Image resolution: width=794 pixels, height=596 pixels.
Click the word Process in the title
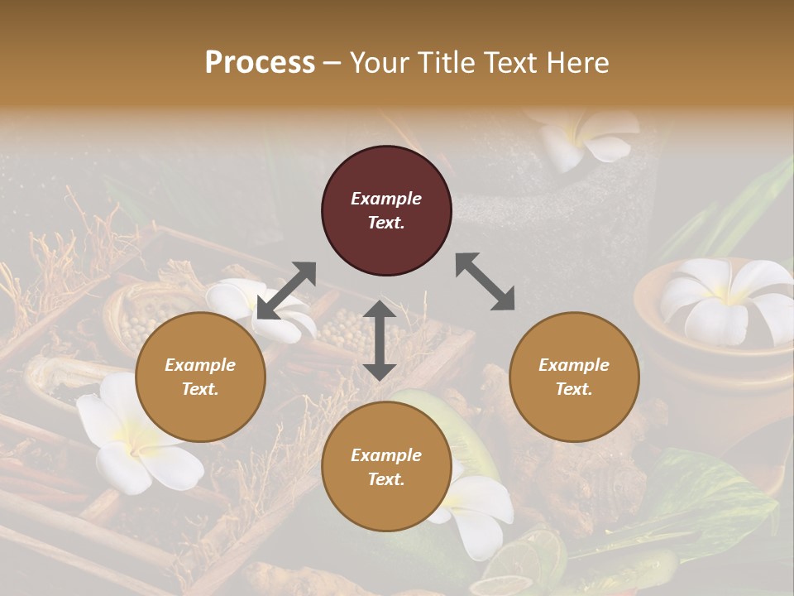point(260,63)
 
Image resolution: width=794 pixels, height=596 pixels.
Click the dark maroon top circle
point(386,211)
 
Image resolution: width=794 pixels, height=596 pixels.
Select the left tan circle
point(200,377)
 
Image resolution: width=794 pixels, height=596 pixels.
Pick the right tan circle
point(574,377)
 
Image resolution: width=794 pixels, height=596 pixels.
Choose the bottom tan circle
point(386,466)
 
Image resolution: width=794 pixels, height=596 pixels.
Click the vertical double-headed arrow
point(380,339)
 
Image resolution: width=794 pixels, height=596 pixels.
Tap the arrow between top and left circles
point(286,290)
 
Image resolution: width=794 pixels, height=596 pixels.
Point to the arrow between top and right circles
point(485,281)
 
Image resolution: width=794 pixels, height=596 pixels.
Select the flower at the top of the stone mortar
point(583,137)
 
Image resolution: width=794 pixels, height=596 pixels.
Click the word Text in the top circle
point(386,223)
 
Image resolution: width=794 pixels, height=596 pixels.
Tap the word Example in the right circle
point(574,365)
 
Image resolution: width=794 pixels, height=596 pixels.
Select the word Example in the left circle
point(200,365)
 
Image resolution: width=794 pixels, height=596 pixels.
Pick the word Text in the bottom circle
point(386,478)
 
